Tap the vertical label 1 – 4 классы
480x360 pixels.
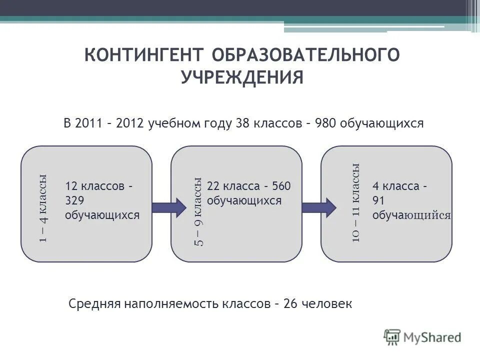click(43, 208)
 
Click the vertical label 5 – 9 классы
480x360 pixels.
click(198, 211)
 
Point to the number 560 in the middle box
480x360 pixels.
click(280, 186)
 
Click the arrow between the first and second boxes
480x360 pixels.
click(167, 205)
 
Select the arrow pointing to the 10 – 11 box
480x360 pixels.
click(318, 205)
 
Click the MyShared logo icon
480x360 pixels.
click(393, 336)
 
